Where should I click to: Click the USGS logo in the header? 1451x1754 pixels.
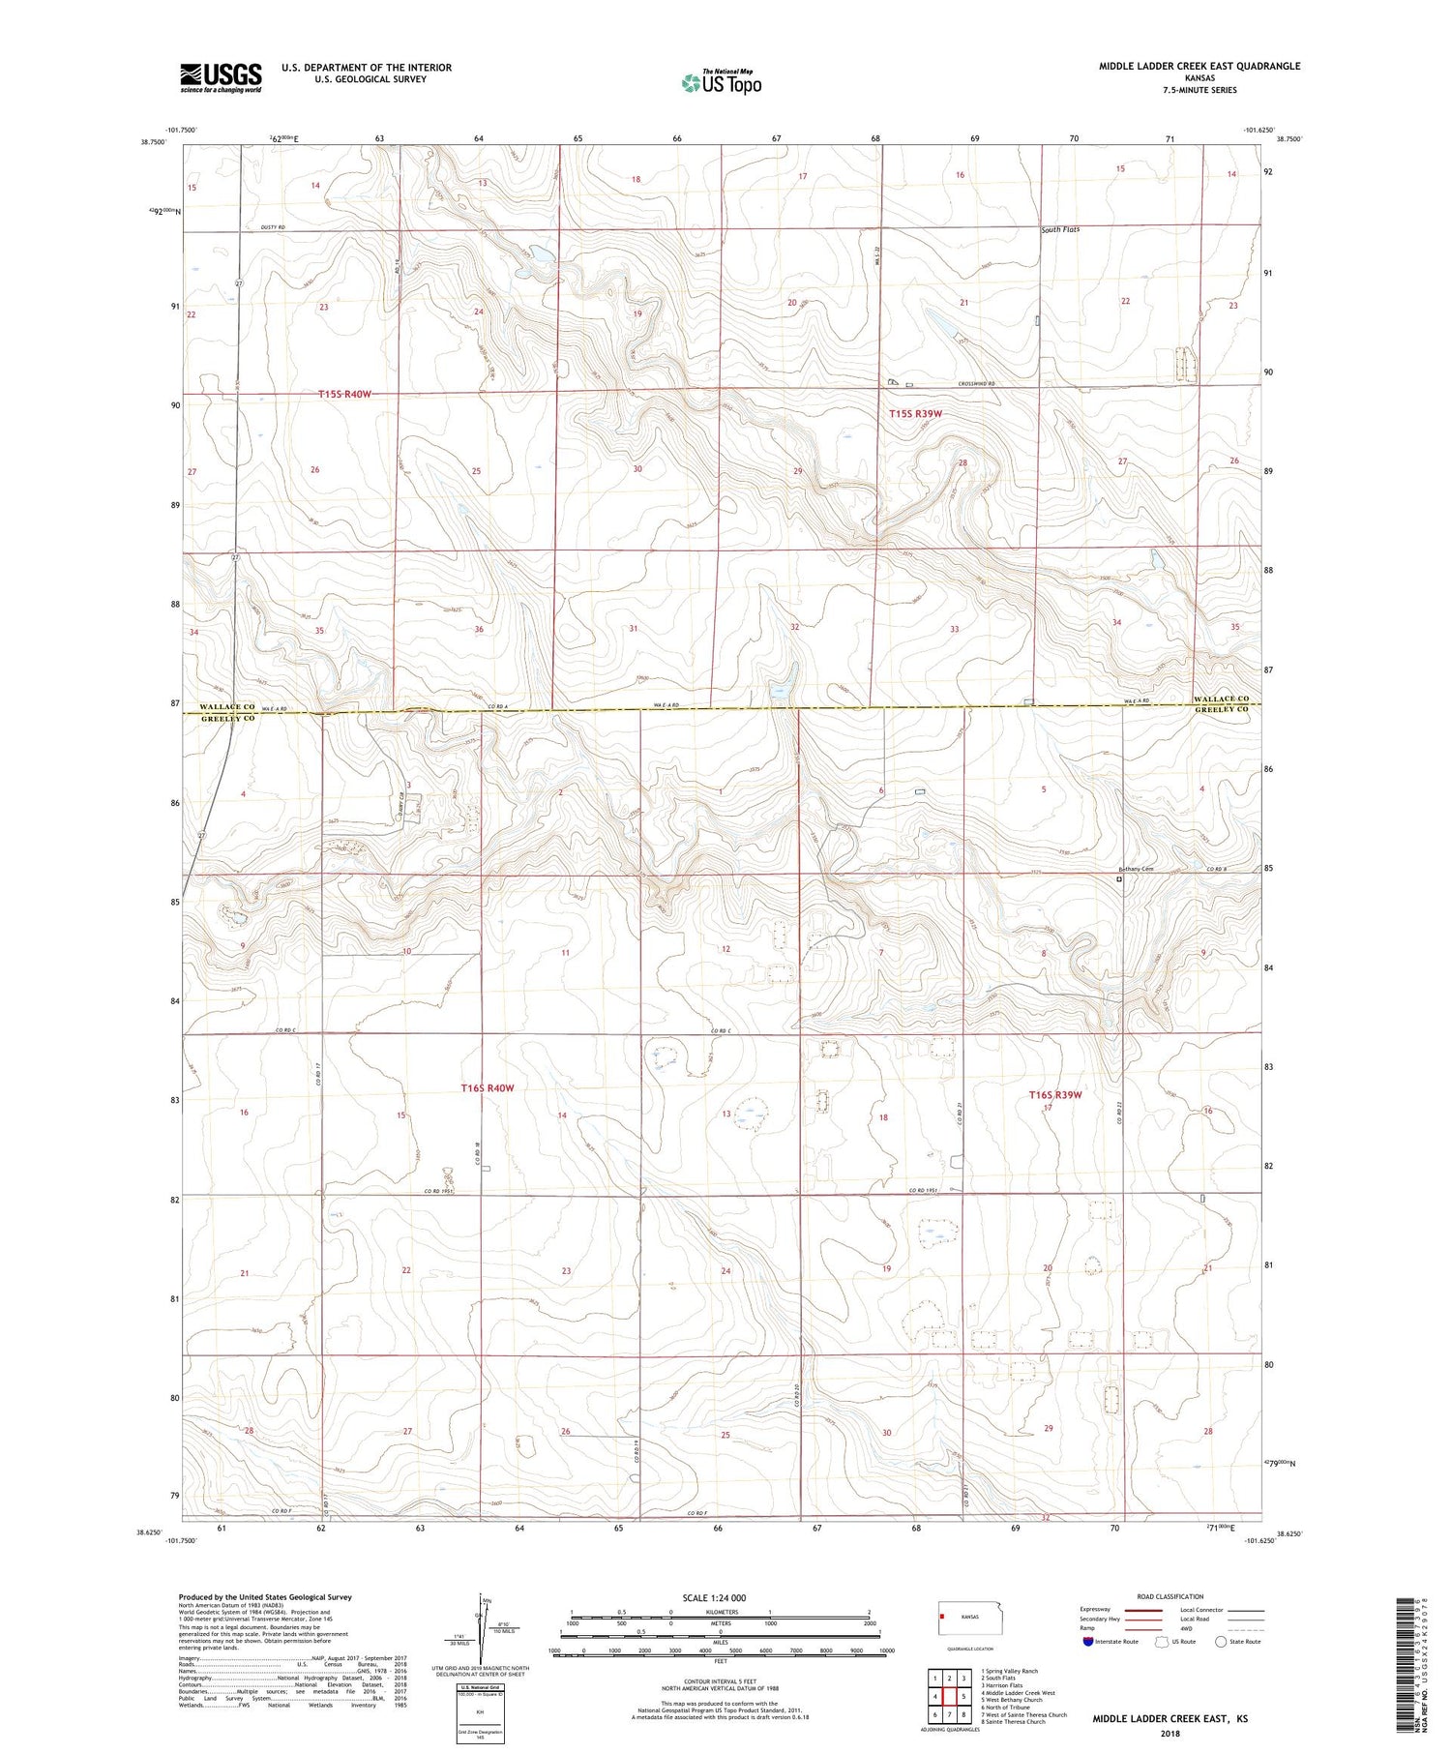(x=221, y=77)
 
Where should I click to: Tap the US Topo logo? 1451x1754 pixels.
(x=722, y=83)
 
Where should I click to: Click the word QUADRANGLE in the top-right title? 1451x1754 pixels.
(x=1268, y=66)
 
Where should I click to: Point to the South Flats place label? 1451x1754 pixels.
(x=1060, y=230)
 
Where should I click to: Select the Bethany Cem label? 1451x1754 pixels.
(x=1136, y=869)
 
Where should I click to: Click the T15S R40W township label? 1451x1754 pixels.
(x=344, y=394)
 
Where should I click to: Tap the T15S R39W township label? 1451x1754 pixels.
(x=915, y=414)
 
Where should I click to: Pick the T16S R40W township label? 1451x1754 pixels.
(x=487, y=1088)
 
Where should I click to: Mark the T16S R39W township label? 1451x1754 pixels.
(x=1054, y=1095)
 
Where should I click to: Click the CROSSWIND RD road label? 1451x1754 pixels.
(x=977, y=384)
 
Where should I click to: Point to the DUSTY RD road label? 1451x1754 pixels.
(x=274, y=227)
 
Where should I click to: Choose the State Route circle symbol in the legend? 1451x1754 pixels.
(x=1221, y=1642)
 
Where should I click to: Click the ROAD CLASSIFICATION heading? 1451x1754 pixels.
(x=1170, y=1596)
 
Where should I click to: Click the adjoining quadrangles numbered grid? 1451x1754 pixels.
(x=950, y=1696)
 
